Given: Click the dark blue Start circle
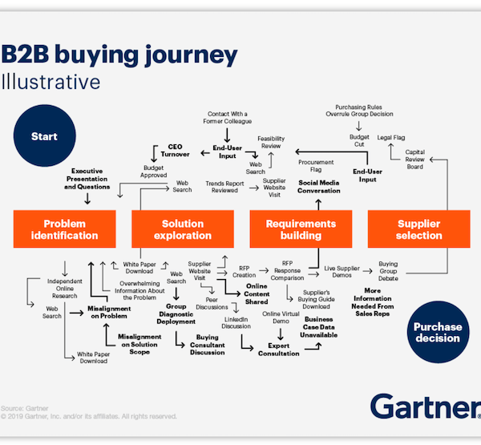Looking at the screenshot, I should click(44, 137).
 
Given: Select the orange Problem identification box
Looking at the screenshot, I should click(71, 229).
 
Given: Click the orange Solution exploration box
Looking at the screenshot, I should click(183, 229).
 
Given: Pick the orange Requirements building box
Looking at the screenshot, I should click(301, 229).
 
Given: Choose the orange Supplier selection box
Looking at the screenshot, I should click(418, 229).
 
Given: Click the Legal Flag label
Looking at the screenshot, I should click(391, 138).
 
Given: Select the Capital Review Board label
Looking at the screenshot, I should click(415, 161).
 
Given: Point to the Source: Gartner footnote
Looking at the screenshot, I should click(23, 408).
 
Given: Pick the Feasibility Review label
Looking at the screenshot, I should click(271, 143).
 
